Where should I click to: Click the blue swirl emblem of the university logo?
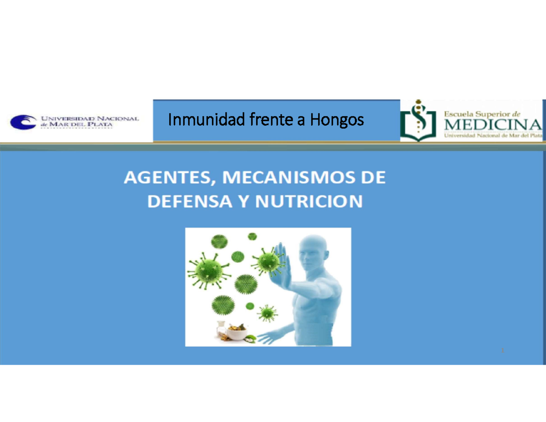click(x=24, y=122)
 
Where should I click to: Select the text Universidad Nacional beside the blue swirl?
click(x=90, y=118)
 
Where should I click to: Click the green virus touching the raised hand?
click(x=268, y=262)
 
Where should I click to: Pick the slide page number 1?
click(x=503, y=351)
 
